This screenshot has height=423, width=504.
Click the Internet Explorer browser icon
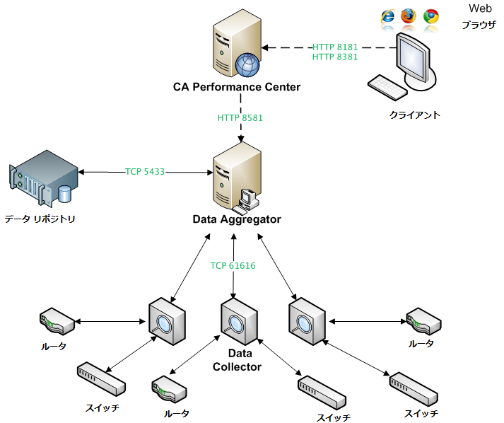pyautogui.click(x=387, y=16)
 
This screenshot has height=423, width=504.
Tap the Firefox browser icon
pyautogui.click(x=409, y=16)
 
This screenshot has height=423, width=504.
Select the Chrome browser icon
pyautogui.click(x=430, y=16)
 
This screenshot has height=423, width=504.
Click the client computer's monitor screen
pyautogui.click(x=413, y=57)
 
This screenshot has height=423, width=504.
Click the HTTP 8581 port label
pyautogui.click(x=240, y=117)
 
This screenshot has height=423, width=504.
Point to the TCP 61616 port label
pyautogui.click(x=233, y=266)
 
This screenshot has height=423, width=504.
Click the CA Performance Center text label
pyautogui.click(x=237, y=87)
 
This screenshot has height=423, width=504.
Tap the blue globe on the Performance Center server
pyautogui.click(x=247, y=65)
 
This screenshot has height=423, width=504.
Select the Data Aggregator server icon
pyautogui.click(x=236, y=177)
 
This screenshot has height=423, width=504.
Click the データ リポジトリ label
pyautogui.click(x=40, y=219)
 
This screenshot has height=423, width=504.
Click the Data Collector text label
pyautogui.click(x=237, y=359)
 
